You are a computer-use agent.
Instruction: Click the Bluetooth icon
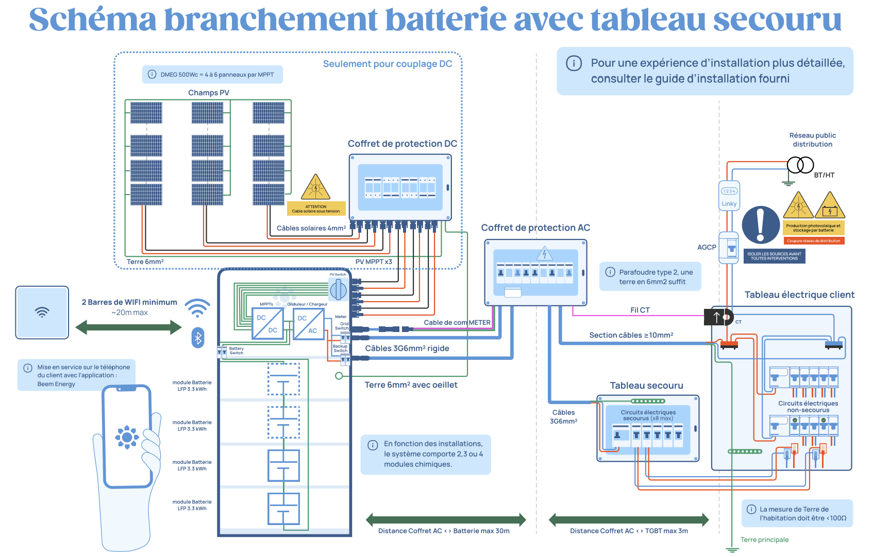[x=198, y=338]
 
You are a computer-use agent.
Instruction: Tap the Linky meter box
[x=729, y=196]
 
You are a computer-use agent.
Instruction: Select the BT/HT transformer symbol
[x=800, y=165]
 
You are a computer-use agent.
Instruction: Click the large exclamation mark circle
[x=761, y=225]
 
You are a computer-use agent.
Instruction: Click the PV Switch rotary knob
[x=338, y=290]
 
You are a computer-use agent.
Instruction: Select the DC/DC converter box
[x=267, y=323]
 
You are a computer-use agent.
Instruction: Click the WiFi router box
[x=42, y=312]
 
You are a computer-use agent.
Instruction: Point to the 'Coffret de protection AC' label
[x=535, y=228]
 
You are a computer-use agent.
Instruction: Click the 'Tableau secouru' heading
[x=646, y=386]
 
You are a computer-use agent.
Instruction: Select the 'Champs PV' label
[x=209, y=93]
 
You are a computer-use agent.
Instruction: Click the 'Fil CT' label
[x=640, y=310]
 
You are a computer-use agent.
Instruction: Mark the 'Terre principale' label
[x=764, y=539]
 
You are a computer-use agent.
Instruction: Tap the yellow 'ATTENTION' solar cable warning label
[x=316, y=208]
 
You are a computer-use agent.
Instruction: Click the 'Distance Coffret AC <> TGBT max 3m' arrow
[x=629, y=520]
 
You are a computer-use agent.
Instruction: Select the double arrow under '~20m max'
[x=128, y=327]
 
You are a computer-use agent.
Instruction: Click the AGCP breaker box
[x=729, y=248]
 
